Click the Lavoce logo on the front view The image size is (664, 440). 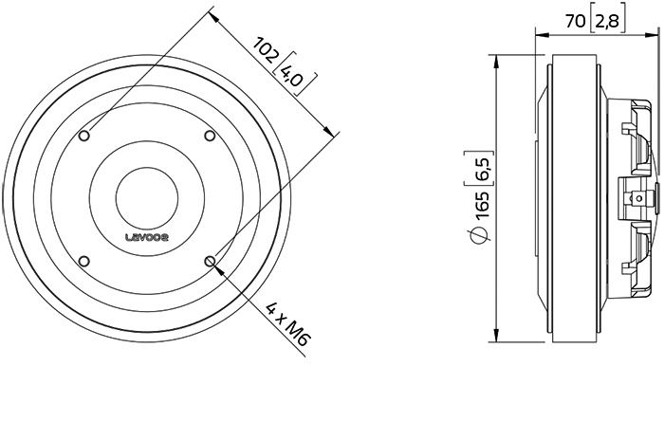coord(147,237)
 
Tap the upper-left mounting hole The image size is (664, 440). coord(84,136)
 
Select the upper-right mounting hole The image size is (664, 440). coord(210,136)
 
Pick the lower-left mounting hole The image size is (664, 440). coord(84,261)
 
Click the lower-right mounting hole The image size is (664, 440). coord(210,261)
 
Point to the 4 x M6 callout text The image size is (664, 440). coord(286,324)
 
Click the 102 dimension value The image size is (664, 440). coord(266,49)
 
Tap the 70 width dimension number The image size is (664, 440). coord(576,21)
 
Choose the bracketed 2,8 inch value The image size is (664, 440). coord(607,21)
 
